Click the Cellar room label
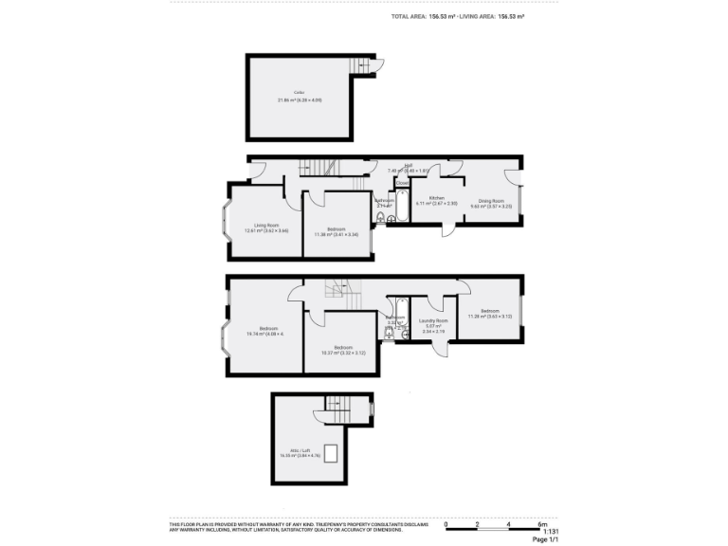(x=298, y=94)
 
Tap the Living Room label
(x=253, y=225)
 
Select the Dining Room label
(x=490, y=201)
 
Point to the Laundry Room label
(x=433, y=321)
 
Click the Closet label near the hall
(x=402, y=182)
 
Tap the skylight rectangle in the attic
(x=332, y=452)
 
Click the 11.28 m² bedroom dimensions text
(x=489, y=317)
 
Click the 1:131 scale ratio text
(x=539, y=532)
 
